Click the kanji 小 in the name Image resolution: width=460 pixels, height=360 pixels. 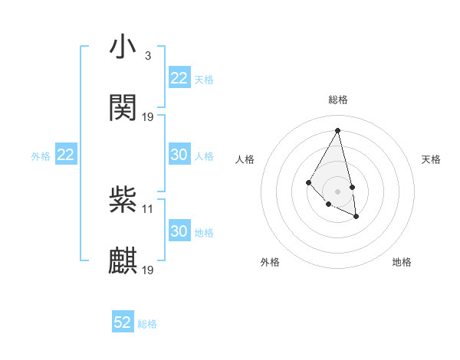click(123, 47)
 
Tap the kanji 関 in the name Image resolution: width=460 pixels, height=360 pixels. click(123, 108)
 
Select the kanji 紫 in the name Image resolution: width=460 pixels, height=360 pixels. click(123, 200)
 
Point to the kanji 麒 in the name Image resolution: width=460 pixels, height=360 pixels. click(123, 261)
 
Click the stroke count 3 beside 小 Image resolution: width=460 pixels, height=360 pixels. click(147, 56)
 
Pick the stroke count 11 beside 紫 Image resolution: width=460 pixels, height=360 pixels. click(148, 208)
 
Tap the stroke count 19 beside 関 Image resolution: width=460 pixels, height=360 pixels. click(148, 117)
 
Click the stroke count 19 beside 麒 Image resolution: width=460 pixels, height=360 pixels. click(148, 270)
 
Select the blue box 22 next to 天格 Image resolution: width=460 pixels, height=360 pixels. click(179, 78)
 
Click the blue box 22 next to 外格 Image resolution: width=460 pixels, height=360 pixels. click(66, 155)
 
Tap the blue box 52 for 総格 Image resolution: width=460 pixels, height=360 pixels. click(123, 322)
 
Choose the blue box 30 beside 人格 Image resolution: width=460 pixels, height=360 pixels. click(179, 155)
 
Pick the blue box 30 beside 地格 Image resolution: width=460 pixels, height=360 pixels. click(179, 231)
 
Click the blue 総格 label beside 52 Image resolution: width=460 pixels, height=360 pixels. click(147, 324)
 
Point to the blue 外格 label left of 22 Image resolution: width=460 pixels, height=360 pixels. click(41, 156)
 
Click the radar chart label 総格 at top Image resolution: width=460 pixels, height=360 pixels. click(338, 100)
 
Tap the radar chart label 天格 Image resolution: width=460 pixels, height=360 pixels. click(432, 159)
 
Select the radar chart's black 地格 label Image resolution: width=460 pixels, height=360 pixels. click(402, 262)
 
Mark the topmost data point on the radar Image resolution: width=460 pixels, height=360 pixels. click(338, 130)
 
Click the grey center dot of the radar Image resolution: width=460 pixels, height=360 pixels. click(338, 191)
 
